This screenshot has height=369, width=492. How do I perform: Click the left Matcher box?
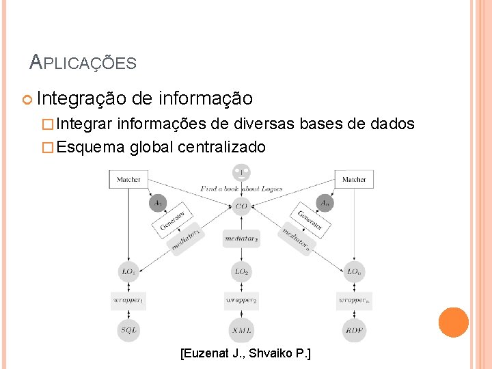tap(128, 179)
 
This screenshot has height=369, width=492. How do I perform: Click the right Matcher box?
tap(354, 179)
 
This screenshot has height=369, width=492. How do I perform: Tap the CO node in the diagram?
tap(241, 205)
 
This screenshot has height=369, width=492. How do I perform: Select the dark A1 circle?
tap(158, 202)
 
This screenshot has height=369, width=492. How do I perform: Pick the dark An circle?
tap(325, 202)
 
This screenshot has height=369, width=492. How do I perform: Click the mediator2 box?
tap(241, 238)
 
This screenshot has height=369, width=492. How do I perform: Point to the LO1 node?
tap(128, 271)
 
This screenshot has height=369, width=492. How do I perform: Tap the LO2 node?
tap(241, 271)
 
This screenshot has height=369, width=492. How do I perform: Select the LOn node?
tap(354, 271)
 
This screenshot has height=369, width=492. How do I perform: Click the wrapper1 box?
tap(128, 300)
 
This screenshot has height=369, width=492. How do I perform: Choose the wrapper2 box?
tap(241, 300)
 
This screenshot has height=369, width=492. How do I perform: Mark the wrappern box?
tap(354, 300)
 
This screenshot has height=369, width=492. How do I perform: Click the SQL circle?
tap(128, 329)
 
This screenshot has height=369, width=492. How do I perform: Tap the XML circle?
tap(241, 329)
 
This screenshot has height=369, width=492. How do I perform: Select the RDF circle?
tap(354, 329)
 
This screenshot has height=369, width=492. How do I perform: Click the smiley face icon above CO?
tap(241, 172)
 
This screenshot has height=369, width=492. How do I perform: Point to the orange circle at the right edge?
tap(453, 323)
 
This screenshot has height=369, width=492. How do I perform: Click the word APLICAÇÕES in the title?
tap(83, 64)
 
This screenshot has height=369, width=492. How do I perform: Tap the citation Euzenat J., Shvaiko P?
tap(245, 354)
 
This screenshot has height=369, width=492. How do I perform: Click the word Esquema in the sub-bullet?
tap(90, 147)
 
